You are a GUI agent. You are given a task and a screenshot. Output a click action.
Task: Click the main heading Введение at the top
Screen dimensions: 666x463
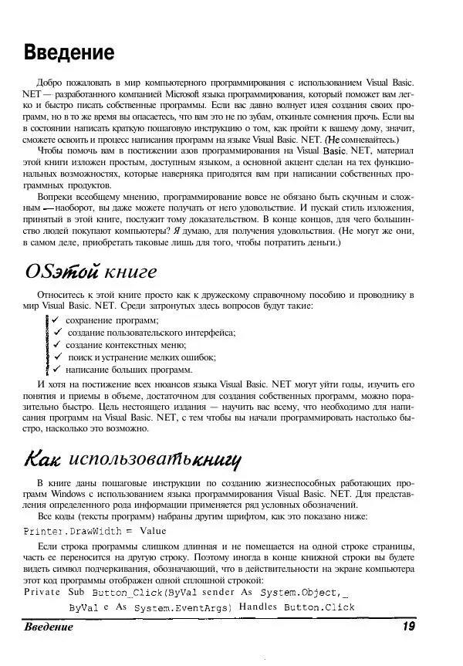coord(69,52)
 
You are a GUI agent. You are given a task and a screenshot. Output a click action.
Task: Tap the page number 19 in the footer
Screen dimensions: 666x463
coord(409,627)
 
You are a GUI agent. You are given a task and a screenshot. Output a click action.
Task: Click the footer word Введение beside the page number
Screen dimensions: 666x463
coord(49,627)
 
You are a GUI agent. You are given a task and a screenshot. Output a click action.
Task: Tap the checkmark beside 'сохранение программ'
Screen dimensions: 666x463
coord(56,319)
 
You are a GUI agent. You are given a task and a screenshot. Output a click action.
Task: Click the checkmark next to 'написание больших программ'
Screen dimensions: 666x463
coord(56,369)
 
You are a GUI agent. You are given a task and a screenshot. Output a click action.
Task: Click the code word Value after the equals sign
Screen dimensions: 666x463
coord(152,531)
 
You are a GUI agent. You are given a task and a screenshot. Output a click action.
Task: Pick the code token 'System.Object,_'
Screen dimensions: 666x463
coord(303,593)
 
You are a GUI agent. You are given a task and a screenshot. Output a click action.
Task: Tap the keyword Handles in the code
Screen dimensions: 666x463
coord(258,607)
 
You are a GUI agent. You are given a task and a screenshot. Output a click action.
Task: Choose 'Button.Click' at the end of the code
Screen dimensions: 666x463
coord(319,607)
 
